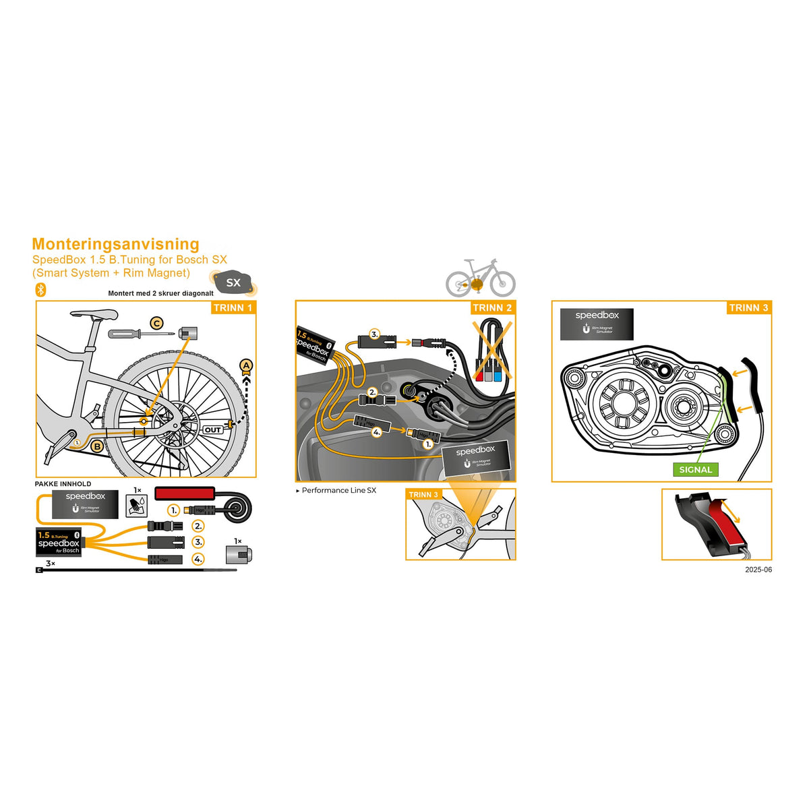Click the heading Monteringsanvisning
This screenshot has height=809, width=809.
pos(115,244)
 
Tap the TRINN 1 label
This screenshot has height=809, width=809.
pos(233,307)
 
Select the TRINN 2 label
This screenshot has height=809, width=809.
pos(492,307)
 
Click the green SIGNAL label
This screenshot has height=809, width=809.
pos(695,469)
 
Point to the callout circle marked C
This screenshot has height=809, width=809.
pos(156,324)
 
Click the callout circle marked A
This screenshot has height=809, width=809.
pos(247,366)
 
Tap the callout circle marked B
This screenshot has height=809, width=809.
pos(97,446)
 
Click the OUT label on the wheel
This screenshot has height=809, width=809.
pos(213,429)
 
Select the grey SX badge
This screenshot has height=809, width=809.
pos(233,282)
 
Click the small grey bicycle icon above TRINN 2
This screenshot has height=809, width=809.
pos(480,277)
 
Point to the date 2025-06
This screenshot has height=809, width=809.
pos(758,570)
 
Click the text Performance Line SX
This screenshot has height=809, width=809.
pos(338,490)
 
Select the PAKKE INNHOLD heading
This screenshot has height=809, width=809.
pos(63,484)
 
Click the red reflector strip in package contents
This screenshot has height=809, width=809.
pos(185,493)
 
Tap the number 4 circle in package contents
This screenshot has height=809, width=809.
pos(198,559)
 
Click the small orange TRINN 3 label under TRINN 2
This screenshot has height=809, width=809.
pos(423,495)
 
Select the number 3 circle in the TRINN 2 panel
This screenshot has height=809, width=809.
pos(375,333)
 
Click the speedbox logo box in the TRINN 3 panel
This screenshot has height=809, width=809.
pos(597,324)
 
